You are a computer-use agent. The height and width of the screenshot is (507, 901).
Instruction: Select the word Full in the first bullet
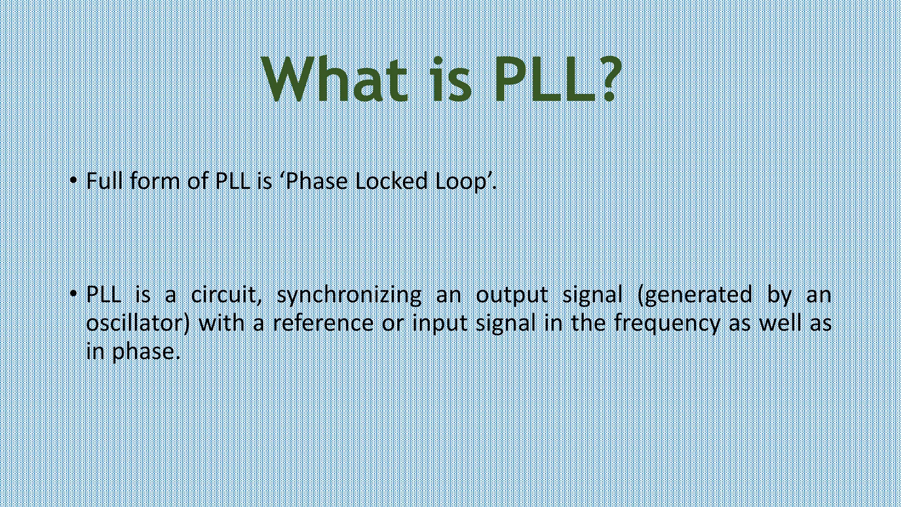point(104,181)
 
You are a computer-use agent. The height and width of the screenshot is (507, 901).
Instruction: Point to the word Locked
point(391,181)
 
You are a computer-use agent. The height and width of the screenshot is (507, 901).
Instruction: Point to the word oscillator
point(136,323)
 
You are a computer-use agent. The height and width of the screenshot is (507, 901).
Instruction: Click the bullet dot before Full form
point(73,181)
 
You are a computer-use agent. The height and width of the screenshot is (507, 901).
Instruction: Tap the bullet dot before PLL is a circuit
point(73,294)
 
